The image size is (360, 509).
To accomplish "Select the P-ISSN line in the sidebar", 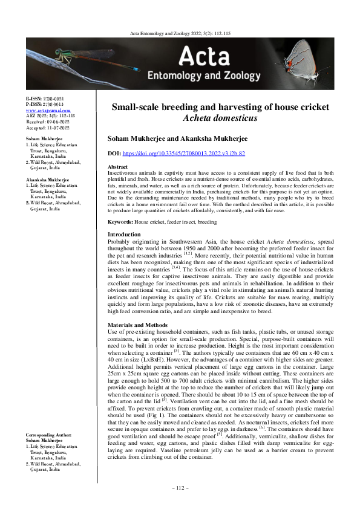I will pyautogui.click(x=44, y=104).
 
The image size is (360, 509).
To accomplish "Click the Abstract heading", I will pyautogui.click(x=117, y=166).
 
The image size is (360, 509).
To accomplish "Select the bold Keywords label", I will pyautogui.click(x=120, y=222).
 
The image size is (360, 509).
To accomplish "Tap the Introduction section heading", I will pyautogui.click(x=124, y=234).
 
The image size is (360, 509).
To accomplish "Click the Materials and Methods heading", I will pyautogui.click(x=138, y=325).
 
